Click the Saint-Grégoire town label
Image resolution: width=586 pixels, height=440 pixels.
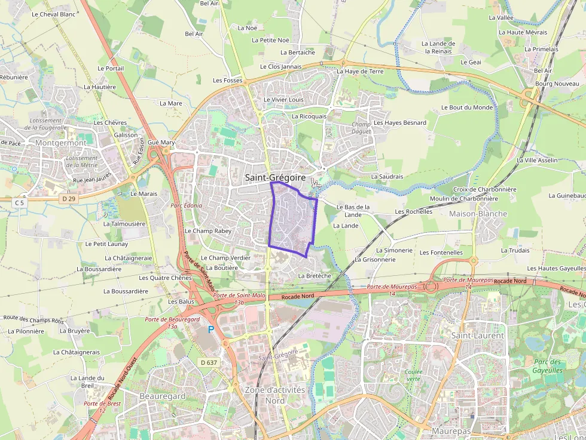(275, 178)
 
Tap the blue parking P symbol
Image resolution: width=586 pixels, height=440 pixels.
(211, 329)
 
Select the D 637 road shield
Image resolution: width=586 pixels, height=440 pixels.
(209, 362)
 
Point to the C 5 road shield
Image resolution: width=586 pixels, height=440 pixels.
(20, 203)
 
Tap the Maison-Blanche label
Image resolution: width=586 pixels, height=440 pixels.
(478, 214)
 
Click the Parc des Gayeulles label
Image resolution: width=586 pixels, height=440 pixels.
(547, 366)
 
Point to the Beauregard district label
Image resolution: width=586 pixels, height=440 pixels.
(162, 396)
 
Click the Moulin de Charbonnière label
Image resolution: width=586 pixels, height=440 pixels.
(464, 198)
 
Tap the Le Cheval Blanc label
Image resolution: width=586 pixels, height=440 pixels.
(53, 14)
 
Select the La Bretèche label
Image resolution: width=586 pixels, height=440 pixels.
(315, 276)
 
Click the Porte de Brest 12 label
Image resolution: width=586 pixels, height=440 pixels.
(102, 407)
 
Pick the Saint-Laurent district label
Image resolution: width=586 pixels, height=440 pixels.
(478, 336)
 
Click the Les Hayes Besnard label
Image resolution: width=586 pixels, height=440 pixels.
(400, 123)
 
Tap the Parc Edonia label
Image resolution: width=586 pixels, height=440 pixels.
(187, 205)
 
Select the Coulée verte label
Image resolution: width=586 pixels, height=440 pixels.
(413, 375)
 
